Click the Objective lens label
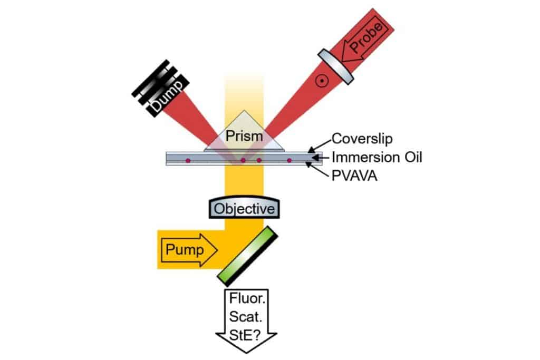[x=244, y=209]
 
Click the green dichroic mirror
[x=248, y=256]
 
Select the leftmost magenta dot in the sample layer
[x=188, y=160]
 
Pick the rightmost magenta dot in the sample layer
[x=289, y=160]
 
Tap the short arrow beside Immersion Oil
[x=320, y=157]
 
